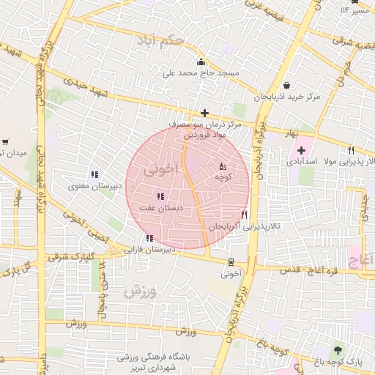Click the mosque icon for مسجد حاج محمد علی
201,62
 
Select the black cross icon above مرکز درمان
204,113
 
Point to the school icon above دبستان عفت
160,196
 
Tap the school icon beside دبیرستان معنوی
94,174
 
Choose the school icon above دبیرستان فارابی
149,238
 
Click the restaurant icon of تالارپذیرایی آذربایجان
244,215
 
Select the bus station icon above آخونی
231,262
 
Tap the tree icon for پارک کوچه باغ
338,349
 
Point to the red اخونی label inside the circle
161,170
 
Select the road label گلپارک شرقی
62,257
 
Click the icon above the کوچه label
223,167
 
